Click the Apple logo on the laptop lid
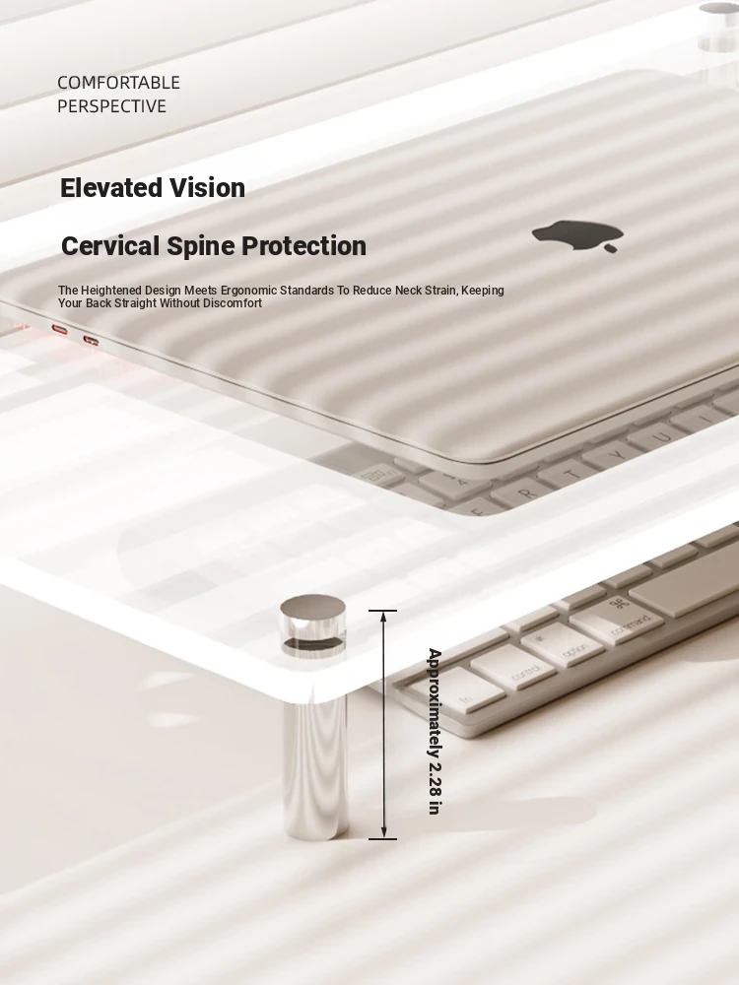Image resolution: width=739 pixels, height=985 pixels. (x=578, y=235)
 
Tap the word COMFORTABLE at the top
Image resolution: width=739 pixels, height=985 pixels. (x=119, y=83)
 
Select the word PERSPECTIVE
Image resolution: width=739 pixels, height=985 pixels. (x=112, y=106)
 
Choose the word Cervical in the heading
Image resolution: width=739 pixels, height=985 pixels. (x=110, y=245)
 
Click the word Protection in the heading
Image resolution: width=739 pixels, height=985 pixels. (x=303, y=245)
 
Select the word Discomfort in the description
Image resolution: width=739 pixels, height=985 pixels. (x=233, y=302)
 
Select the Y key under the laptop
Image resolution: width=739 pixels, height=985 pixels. (x=619, y=453)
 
